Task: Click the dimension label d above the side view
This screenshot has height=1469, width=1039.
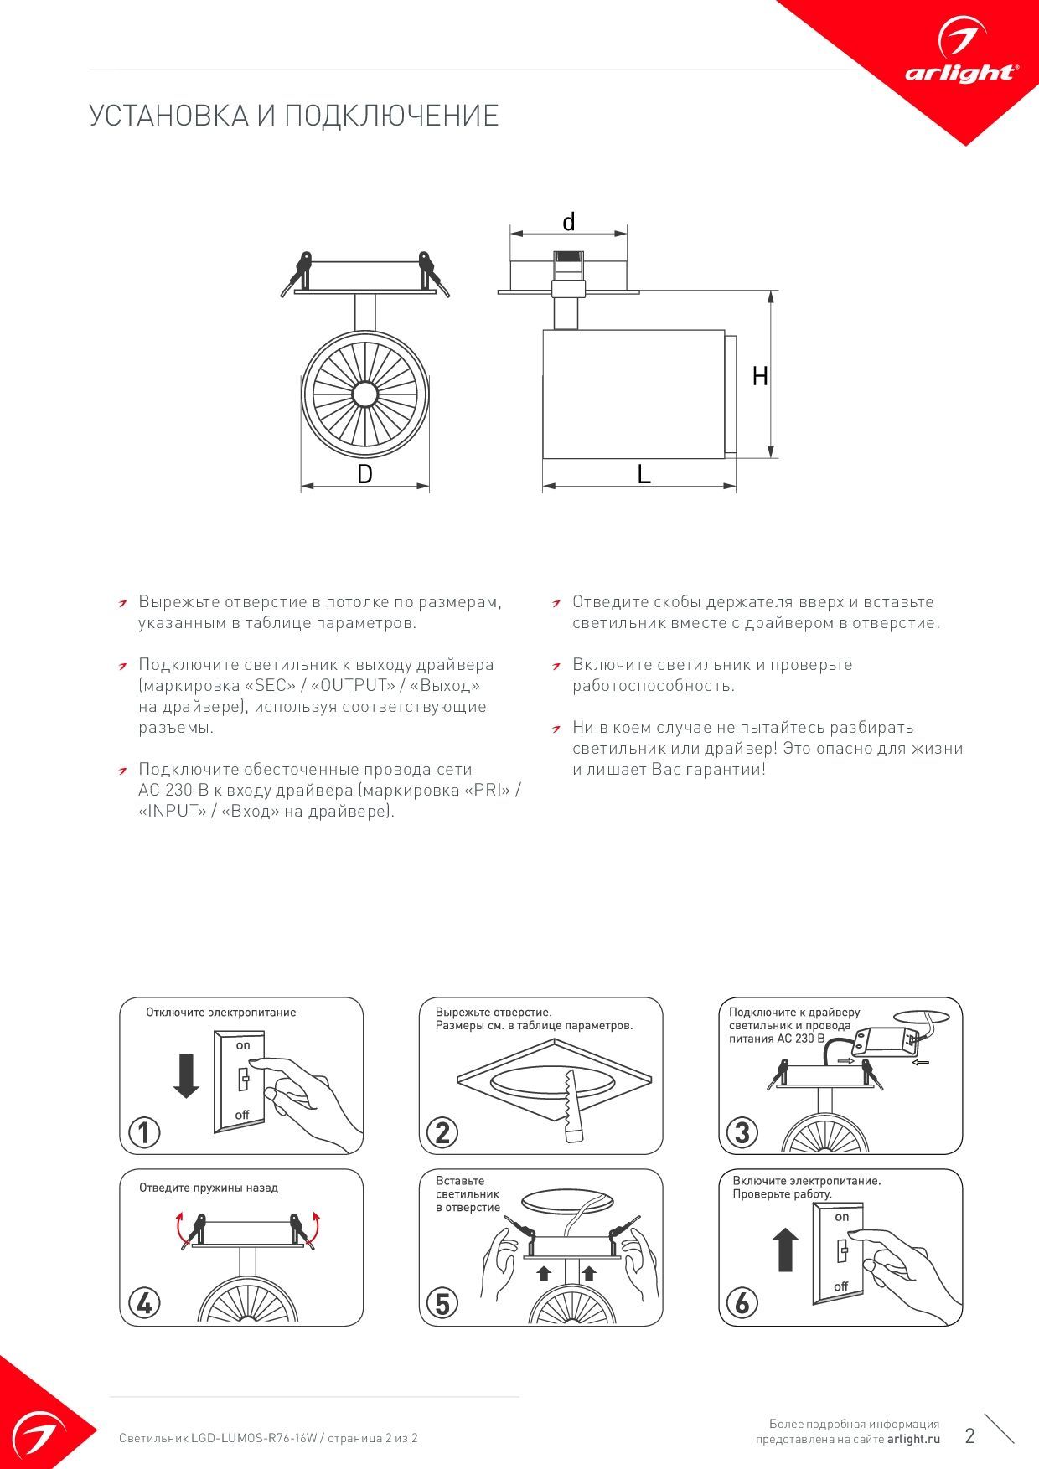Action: pyautogui.click(x=569, y=223)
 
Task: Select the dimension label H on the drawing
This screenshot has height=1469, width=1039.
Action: pyautogui.click(x=760, y=376)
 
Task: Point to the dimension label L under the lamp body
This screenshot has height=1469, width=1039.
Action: pyautogui.click(x=644, y=474)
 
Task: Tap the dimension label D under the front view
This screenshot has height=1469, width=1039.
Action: pyautogui.click(x=364, y=474)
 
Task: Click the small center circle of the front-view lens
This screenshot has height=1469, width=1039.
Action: pyautogui.click(x=365, y=394)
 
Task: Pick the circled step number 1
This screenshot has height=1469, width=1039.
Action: pyautogui.click(x=144, y=1132)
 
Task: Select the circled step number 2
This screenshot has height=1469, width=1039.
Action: pyautogui.click(x=442, y=1132)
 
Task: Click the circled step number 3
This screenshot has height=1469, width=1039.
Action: pyautogui.click(x=742, y=1132)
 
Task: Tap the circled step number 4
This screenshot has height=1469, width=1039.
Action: pyautogui.click(x=144, y=1303)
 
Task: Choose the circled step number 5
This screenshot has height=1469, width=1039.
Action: pyautogui.click(x=442, y=1303)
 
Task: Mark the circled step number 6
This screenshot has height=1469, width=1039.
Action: pyautogui.click(x=742, y=1303)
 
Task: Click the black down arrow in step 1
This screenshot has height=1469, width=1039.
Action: pyautogui.click(x=186, y=1076)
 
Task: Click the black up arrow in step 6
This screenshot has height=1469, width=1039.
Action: pyautogui.click(x=785, y=1250)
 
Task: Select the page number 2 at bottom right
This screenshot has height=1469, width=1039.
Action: pyautogui.click(x=970, y=1435)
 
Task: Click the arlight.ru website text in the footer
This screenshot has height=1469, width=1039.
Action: pyautogui.click(x=913, y=1439)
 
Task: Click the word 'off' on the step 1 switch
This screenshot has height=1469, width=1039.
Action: pyautogui.click(x=242, y=1115)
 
